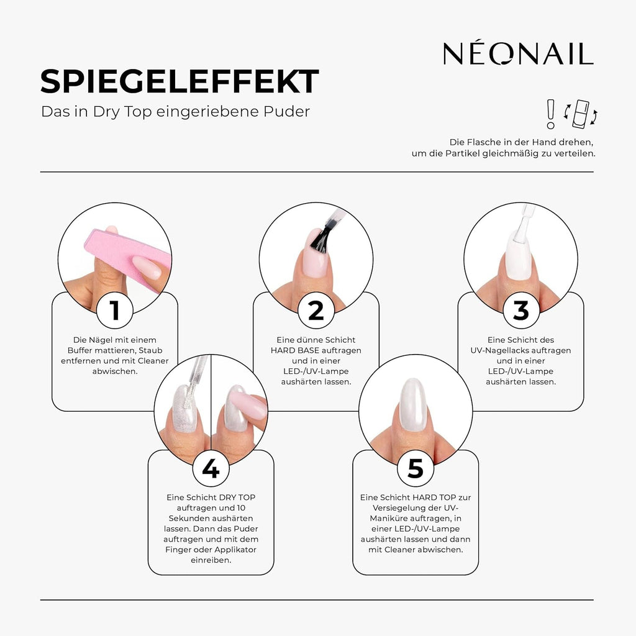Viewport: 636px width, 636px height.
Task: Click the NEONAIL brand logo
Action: tap(518, 53)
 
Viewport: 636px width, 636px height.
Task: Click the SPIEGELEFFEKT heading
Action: tap(179, 82)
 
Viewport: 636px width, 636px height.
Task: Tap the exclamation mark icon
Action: tap(550, 114)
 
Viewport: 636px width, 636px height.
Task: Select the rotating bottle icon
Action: tap(581, 113)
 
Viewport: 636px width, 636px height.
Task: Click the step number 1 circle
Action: tap(114, 311)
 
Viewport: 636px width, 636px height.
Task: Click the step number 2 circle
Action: tap(316, 311)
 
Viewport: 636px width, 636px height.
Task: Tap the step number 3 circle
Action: tap(520, 311)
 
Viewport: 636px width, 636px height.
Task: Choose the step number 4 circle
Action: tap(211, 469)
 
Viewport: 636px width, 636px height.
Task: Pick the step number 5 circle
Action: tap(415, 469)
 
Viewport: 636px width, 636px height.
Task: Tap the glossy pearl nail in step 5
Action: tap(412, 404)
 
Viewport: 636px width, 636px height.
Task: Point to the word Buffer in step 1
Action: tap(88, 350)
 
